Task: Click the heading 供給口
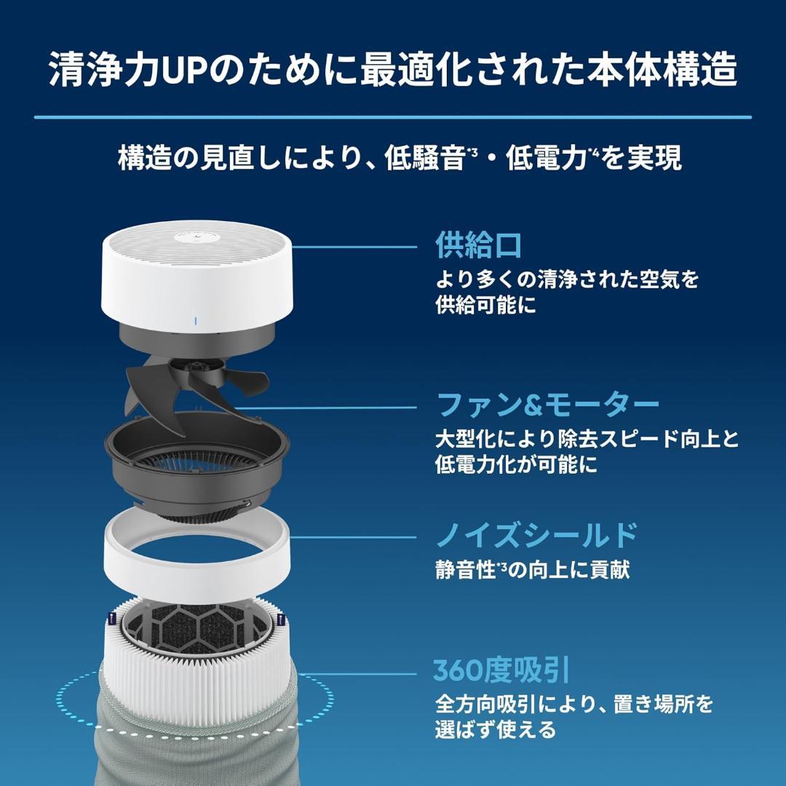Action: click(x=479, y=246)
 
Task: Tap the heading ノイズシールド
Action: click(x=536, y=536)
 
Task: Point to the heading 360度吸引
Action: click(x=501, y=670)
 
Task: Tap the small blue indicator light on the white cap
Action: click(x=196, y=319)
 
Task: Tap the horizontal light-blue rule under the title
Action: click(x=393, y=117)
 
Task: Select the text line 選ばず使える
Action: click(x=496, y=729)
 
